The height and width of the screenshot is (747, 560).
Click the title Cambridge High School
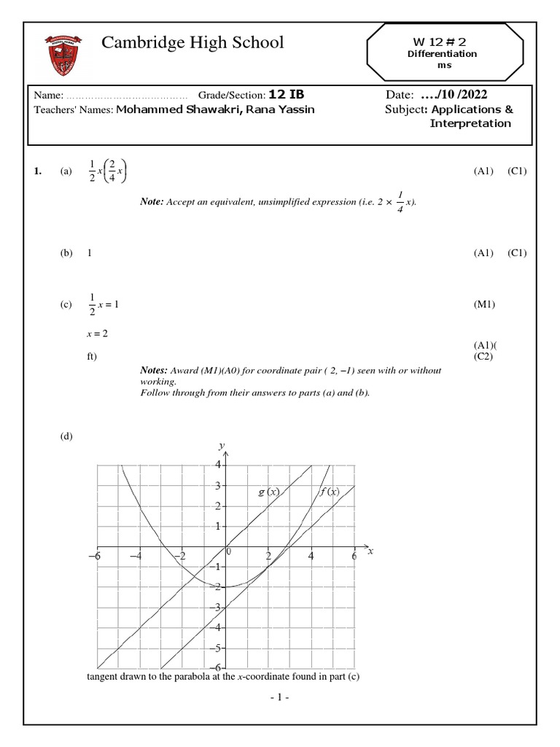coord(192,42)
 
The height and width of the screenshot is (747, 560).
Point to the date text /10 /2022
coord(455,95)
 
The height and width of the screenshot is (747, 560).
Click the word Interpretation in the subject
coord(470,123)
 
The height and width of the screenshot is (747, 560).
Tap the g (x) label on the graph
coord(269,492)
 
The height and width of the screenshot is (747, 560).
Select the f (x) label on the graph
coord(330,492)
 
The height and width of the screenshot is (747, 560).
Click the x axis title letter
coord(370,551)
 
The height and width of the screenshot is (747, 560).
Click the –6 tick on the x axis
coord(93,556)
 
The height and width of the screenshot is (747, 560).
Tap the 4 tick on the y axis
coord(217,465)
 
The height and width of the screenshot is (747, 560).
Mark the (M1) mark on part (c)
coord(484,304)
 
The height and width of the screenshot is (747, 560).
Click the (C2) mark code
coord(485,356)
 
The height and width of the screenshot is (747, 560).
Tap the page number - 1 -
coord(280,698)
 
